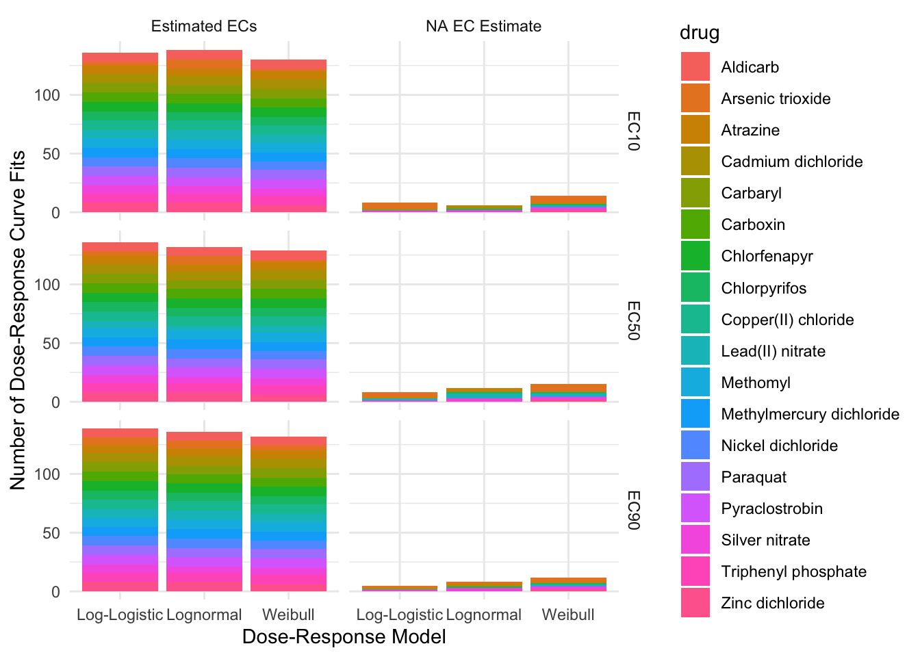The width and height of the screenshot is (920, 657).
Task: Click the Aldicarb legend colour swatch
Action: point(695,67)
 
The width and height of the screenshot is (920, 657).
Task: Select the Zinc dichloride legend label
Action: point(772,603)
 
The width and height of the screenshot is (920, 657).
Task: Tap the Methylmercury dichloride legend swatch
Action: point(695,414)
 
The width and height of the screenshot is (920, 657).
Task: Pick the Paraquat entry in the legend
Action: point(753,477)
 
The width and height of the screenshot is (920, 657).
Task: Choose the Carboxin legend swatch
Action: point(695,224)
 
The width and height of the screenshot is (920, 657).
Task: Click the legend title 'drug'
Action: point(699,33)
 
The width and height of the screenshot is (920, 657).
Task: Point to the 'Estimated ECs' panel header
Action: point(204,27)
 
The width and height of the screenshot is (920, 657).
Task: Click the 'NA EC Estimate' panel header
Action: point(483,27)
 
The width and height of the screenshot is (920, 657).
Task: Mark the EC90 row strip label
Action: point(633,510)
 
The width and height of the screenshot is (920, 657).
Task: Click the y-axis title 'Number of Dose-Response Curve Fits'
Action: point(18,320)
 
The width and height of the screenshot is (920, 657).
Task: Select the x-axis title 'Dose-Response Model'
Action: point(344,637)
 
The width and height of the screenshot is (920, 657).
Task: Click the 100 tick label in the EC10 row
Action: point(47,95)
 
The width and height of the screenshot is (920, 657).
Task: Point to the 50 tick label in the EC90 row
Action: point(51,533)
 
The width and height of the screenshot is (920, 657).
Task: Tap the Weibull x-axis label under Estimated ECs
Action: point(288,615)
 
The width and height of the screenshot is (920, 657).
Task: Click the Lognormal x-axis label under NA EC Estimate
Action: point(484,615)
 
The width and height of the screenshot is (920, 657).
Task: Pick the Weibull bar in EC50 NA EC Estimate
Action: point(568,393)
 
